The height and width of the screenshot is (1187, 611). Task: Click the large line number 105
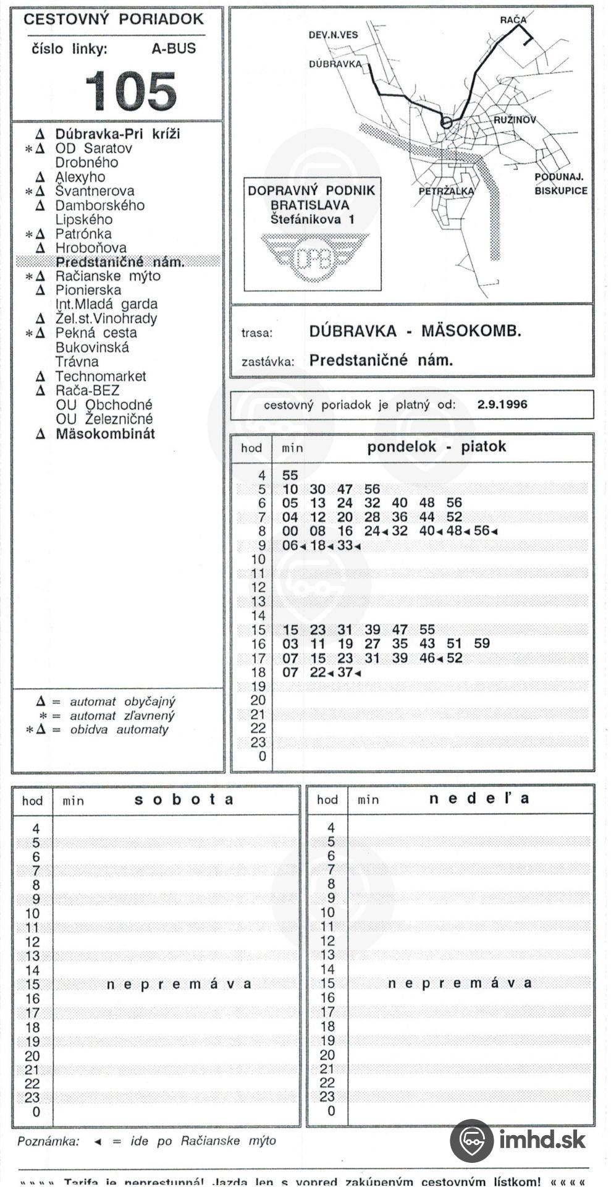click(x=130, y=91)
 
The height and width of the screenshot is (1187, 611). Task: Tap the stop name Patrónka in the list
click(x=83, y=234)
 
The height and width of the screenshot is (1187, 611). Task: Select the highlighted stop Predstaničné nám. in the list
click(x=120, y=262)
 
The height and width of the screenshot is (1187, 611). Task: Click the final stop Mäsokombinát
click(x=105, y=433)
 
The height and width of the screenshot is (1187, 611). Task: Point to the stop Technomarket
click(x=101, y=376)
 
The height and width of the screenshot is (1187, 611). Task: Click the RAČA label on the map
click(x=513, y=20)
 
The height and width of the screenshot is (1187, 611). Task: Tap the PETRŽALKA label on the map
click(x=446, y=191)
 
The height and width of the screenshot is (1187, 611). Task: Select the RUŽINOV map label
click(x=515, y=120)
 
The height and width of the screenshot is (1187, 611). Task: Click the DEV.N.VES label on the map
click(x=333, y=35)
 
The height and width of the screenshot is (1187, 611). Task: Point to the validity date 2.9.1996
click(x=502, y=405)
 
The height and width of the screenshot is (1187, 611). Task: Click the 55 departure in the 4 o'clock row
click(x=290, y=475)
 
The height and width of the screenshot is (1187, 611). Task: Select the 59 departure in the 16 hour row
click(x=481, y=644)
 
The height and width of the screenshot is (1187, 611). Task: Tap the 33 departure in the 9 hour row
click(x=345, y=546)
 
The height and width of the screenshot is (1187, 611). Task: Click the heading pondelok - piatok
click(x=436, y=447)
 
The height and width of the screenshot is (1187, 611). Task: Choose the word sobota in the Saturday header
click(x=184, y=799)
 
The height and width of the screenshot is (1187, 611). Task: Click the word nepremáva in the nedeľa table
click(x=459, y=983)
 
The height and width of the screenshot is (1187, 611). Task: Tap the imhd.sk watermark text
click(x=542, y=1139)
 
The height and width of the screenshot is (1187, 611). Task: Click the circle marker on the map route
click(x=446, y=122)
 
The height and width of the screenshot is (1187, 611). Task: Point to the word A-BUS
click(x=174, y=49)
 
